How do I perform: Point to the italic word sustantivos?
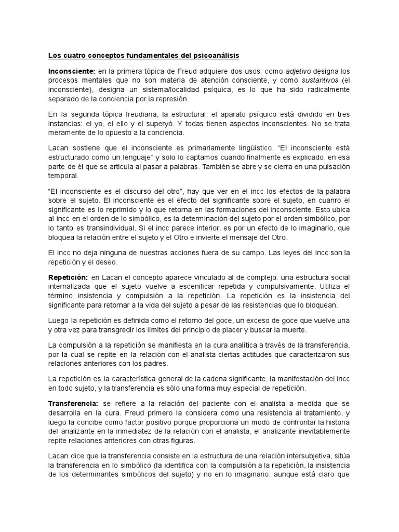click(313, 81)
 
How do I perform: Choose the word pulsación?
click(332, 167)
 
